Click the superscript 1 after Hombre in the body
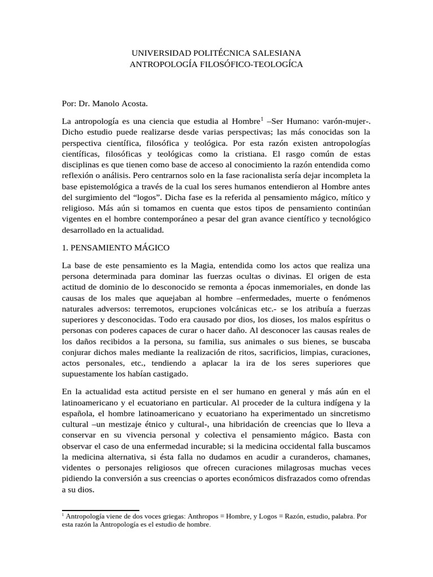262,118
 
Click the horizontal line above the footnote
100,511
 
